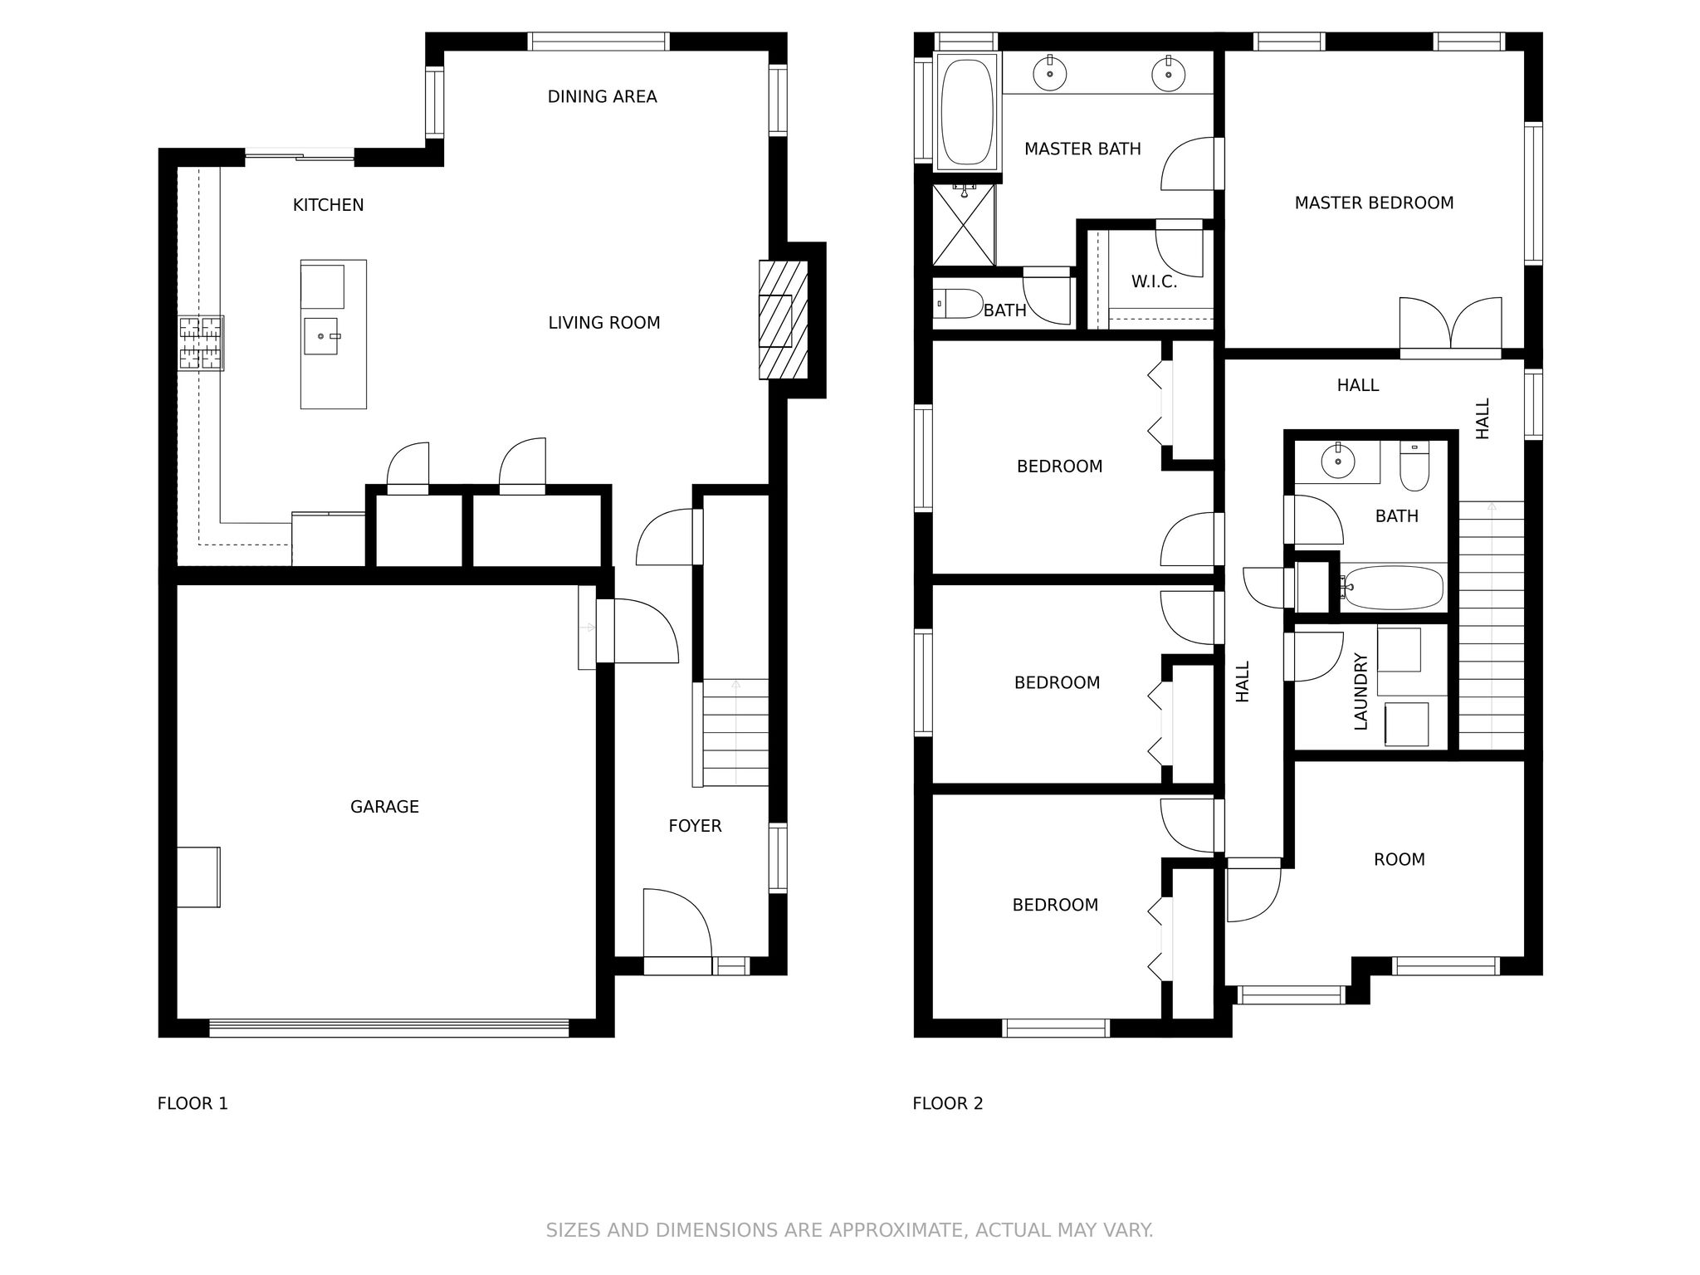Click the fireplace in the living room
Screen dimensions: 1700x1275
tap(783, 320)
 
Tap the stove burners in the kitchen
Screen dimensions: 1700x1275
tap(202, 343)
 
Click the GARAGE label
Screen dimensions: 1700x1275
tap(384, 807)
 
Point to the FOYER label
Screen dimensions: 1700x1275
tap(695, 826)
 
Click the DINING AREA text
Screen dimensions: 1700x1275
tap(602, 97)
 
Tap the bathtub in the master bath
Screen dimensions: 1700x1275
tap(967, 111)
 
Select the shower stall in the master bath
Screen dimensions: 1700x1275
tap(964, 225)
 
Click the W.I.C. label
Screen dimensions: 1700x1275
tap(1154, 282)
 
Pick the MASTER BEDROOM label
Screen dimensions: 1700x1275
tap(1374, 203)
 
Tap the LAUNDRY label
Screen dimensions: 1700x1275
tap(1360, 691)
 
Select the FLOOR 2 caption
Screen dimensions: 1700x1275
tap(947, 1103)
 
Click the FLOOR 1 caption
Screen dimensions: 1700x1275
tap(193, 1103)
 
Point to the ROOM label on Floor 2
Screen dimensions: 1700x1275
tap(1400, 860)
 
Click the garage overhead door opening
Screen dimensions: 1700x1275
tap(389, 1028)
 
